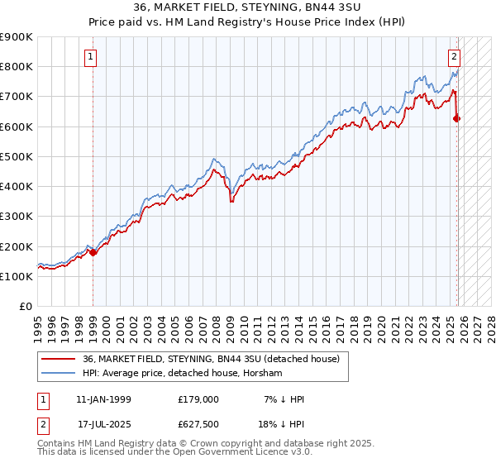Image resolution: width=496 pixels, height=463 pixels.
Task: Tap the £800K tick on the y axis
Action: (17, 66)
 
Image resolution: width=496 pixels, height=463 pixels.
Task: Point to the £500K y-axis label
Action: (17, 156)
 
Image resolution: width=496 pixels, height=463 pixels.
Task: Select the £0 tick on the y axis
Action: (24, 306)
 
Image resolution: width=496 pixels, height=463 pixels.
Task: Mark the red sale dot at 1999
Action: (93, 253)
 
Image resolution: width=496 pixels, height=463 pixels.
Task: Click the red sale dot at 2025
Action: (457, 118)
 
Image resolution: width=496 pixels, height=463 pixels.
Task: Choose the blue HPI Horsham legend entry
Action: (182, 374)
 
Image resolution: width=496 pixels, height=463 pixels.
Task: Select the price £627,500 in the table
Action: (198, 425)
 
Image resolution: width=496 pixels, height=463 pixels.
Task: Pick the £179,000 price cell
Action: (198, 399)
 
